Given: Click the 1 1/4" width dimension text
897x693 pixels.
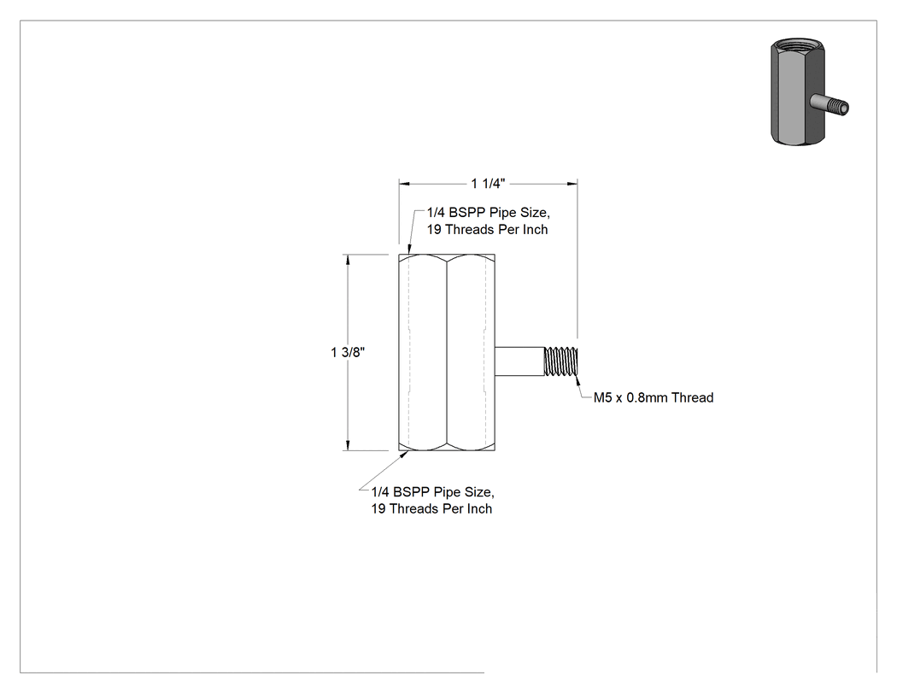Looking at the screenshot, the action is click(488, 184).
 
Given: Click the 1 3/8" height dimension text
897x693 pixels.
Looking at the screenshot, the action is click(347, 352).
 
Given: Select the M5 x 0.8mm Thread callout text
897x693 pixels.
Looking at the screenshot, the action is click(654, 397).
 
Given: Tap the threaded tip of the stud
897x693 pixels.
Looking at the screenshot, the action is click(561, 361).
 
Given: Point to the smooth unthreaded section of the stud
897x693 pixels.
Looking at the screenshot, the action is click(519, 361).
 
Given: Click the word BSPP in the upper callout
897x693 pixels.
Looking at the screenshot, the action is click(467, 213).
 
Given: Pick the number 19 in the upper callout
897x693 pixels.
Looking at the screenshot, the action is click(434, 230).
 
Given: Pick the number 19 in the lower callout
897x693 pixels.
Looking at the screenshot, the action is click(378, 508).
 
